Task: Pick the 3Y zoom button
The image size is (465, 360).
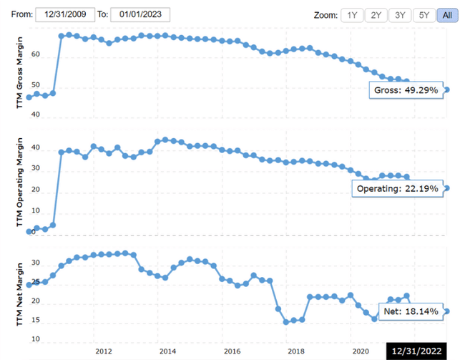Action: [400, 15]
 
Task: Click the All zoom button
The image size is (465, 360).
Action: [447, 15]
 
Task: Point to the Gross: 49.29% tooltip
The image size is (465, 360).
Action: [406, 90]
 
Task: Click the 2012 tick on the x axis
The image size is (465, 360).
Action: [103, 351]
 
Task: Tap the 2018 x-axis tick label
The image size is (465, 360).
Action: [295, 351]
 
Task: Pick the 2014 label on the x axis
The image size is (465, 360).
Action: [167, 351]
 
